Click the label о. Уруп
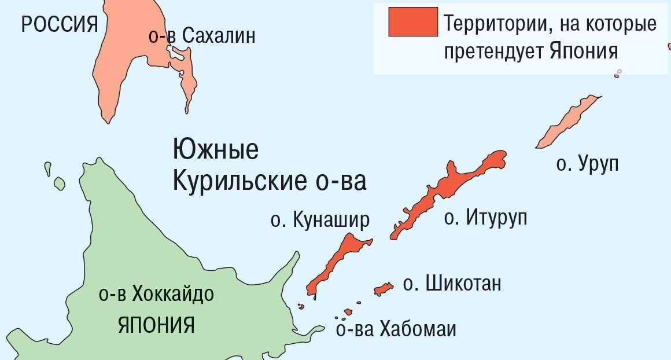(587, 164)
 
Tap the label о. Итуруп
(485, 218)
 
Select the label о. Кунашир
(319, 221)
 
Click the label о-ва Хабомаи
(396, 330)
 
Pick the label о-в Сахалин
(201, 37)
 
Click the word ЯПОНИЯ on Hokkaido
(156, 325)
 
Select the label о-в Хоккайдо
(156, 294)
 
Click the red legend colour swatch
(413, 22)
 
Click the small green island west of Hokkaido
(58, 183)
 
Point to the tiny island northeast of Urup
(618, 73)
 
